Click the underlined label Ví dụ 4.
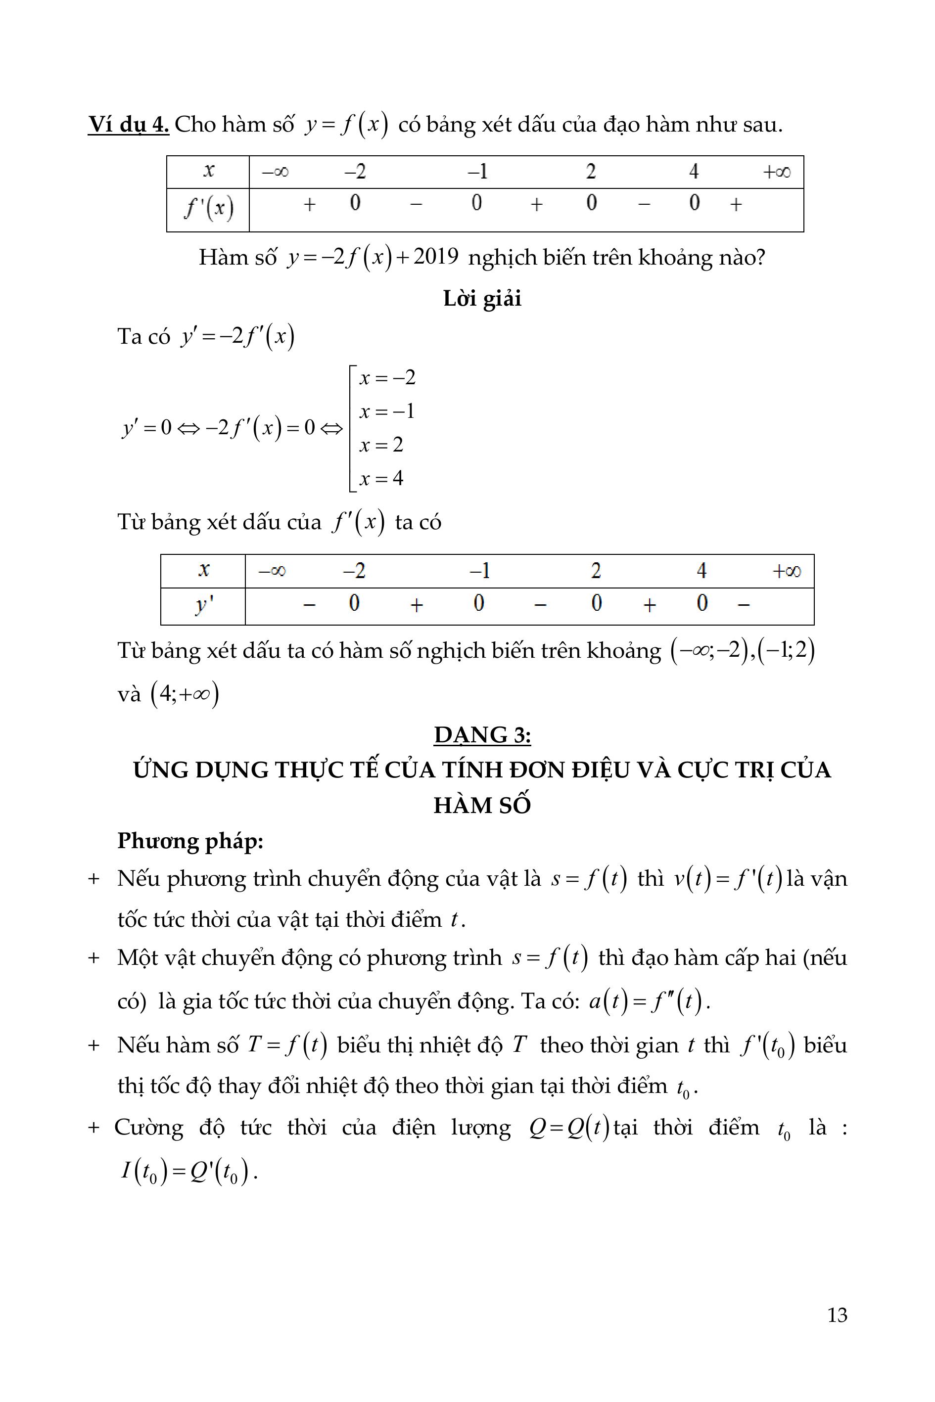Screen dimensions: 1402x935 click(x=128, y=125)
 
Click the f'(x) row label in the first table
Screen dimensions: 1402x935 click(x=208, y=209)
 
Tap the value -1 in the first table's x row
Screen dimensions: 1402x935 click(x=477, y=172)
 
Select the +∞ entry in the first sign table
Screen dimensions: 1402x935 click(x=776, y=172)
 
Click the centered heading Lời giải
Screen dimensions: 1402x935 click(x=482, y=298)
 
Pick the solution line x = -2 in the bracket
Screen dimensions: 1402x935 click(x=387, y=377)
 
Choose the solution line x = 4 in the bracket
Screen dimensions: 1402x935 click(x=381, y=478)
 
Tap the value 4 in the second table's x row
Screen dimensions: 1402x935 click(x=701, y=571)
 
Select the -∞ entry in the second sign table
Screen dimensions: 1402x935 click(x=272, y=571)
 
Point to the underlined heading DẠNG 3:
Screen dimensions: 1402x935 click(x=482, y=735)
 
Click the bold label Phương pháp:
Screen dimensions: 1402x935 click(x=190, y=841)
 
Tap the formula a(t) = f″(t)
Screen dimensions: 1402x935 click(x=649, y=1001)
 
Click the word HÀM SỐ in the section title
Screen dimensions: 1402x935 click(x=482, y=805)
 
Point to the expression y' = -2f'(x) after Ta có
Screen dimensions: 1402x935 click(x=237, y=337)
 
